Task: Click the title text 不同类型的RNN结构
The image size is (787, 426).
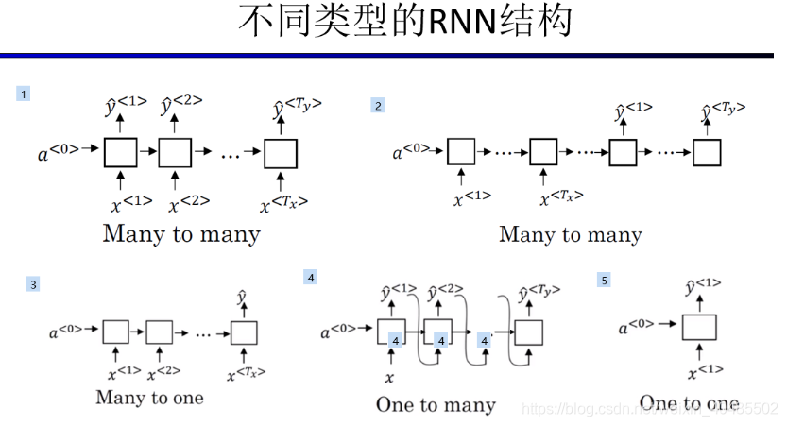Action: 404,22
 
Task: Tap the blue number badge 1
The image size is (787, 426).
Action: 24,94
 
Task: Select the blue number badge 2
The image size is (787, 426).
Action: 378,107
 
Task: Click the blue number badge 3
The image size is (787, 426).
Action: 33,283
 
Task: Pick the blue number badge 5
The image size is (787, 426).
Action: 605,280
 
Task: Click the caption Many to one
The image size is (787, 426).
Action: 149,398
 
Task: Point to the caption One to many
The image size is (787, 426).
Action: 436,405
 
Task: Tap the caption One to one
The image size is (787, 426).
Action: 689,403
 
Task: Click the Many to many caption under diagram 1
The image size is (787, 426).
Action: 181,233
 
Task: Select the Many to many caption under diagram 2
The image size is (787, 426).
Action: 570,234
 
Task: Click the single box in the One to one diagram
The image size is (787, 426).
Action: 699,328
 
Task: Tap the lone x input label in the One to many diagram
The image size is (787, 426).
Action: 389,377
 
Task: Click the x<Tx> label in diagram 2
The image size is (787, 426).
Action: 561,196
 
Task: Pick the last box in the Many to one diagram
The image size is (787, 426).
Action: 245,332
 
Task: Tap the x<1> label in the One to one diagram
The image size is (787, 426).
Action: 705,372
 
